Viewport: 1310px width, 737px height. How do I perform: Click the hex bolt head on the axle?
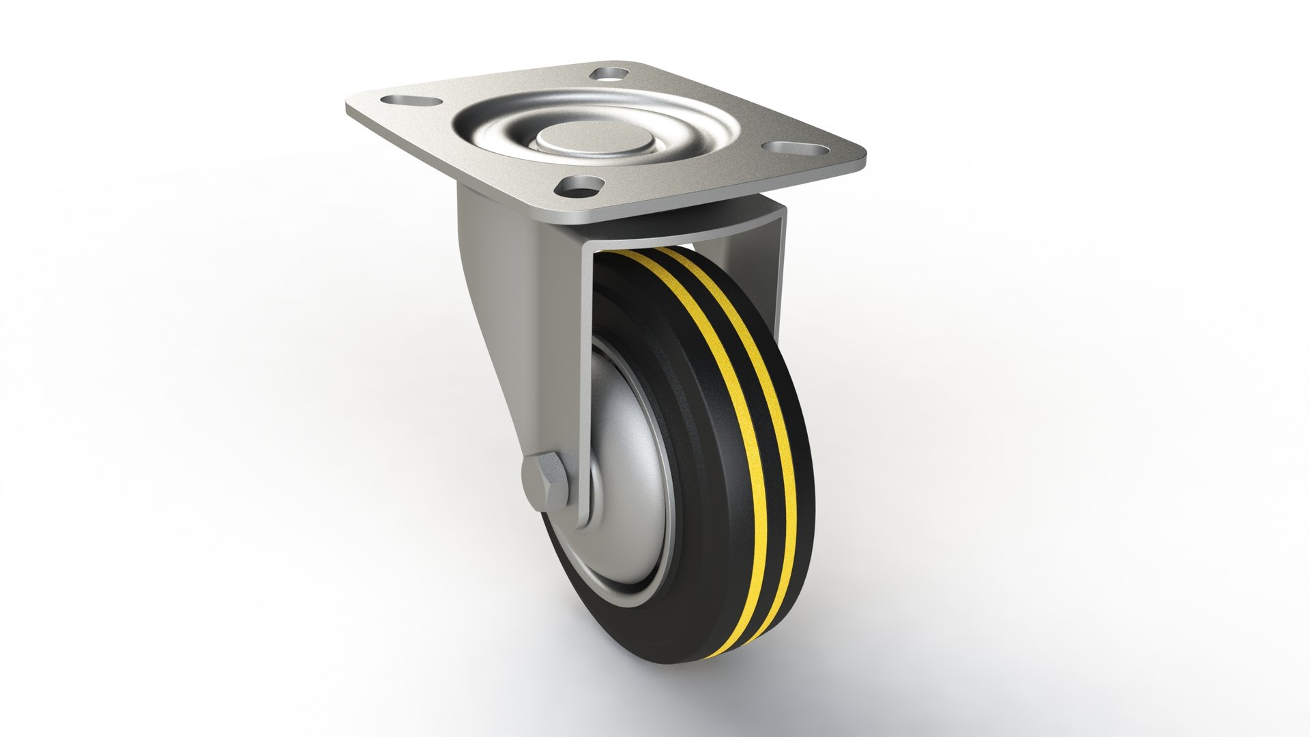tap(544, 482)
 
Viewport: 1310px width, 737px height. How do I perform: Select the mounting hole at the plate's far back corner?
tap(610, 72)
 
